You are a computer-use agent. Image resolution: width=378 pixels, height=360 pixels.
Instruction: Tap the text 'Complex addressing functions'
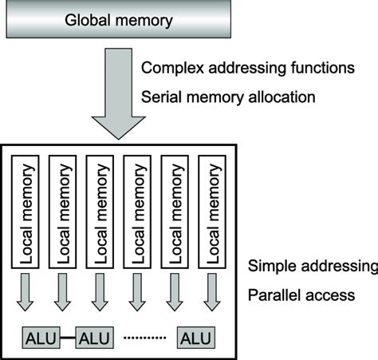[247, 68]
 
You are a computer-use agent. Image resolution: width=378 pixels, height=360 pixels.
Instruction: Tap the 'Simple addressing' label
[312, 266]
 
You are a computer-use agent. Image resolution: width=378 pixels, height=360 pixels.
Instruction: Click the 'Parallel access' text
[301, 295]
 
